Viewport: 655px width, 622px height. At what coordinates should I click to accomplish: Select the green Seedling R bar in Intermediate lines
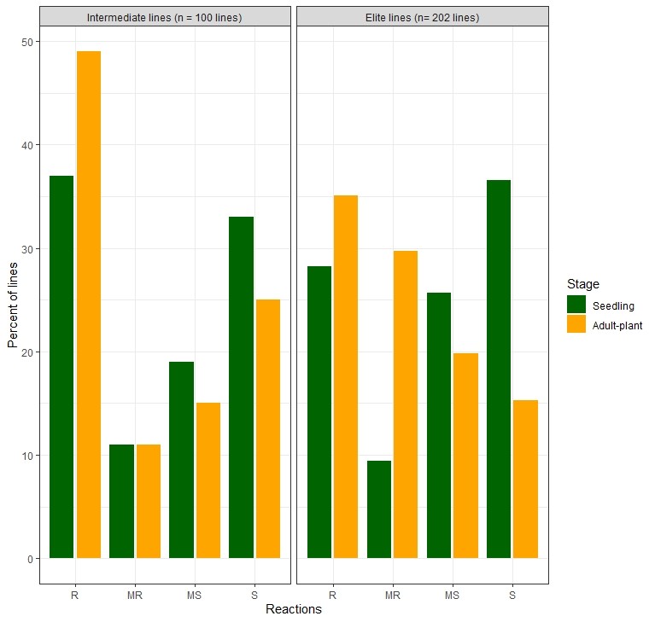[61, 367]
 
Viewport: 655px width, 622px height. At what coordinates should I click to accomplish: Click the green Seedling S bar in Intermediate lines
[241, 387]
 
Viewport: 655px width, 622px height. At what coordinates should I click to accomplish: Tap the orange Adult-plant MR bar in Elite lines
[406, 404]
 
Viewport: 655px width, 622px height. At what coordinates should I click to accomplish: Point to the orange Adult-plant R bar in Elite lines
[346, 376]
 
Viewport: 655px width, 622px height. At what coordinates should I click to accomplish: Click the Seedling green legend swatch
[576, 305]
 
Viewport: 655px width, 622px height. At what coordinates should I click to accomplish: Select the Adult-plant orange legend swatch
[576, 324]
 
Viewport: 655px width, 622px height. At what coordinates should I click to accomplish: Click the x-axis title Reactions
[293, 609]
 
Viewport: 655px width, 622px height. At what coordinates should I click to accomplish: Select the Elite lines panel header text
[422, 18]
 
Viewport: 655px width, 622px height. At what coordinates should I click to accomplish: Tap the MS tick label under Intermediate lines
[195, 595]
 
